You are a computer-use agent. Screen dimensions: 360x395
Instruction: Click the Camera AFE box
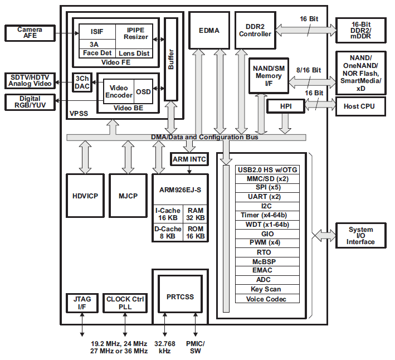pos(30,33)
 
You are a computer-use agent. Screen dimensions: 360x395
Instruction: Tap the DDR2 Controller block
pos(255,30)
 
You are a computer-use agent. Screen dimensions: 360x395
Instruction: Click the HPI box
pos(285,106)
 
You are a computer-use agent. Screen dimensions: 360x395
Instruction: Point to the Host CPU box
pos(359,106)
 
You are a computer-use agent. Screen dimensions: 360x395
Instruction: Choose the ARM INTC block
pos(189,160)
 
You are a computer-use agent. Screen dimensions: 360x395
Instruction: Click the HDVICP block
pos(85,196)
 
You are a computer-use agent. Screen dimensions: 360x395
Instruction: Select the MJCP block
pos(128,196)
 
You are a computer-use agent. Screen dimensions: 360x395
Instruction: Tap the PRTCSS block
pos(180,296)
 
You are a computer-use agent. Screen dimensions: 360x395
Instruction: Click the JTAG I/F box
pos(82,303)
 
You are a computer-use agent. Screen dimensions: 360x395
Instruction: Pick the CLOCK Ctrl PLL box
pos(125,303)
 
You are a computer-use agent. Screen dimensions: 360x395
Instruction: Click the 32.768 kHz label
pos(165,347)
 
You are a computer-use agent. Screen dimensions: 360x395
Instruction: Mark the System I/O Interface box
pos(360,236)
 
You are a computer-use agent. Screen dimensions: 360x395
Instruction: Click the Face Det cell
pos(96,53)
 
